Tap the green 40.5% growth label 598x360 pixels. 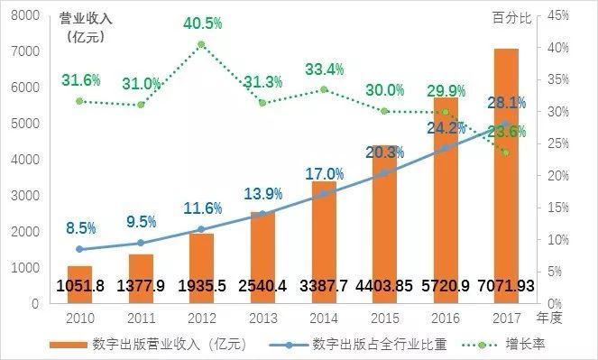point(201,23)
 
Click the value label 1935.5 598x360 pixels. point(201,286)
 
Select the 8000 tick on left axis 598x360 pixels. point(25,15)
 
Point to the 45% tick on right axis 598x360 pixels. point(556,15)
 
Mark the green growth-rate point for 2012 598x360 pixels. point(201,44)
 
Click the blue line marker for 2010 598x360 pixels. point(79,249)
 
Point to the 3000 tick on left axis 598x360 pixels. point(25,196)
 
